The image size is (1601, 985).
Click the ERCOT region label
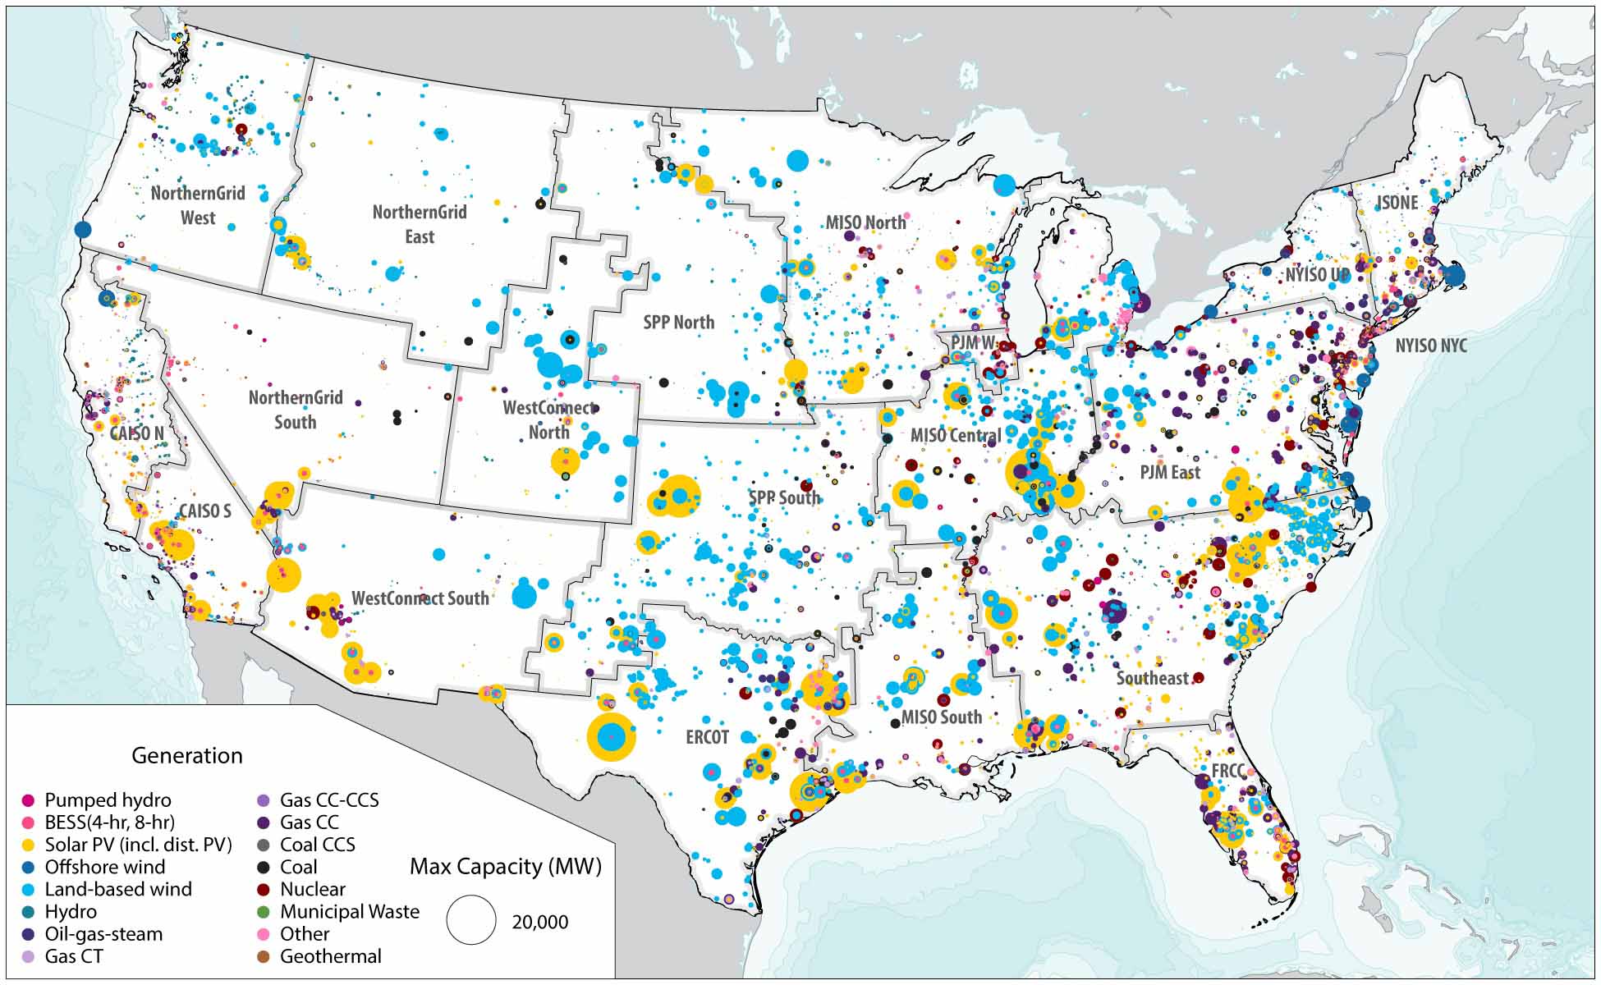click(x=707, y=737)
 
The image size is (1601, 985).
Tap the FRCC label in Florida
click(x=1228, y=771)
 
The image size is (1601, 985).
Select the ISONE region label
click(x=1397, y=203)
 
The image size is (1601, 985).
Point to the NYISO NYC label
click(x=1431, y=346)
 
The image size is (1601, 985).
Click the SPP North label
click(x=678, y=323)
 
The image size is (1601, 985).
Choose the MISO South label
click(x=941, y=717)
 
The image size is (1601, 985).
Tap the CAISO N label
click(x=136, y=433)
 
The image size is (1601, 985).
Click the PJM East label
click(x=1169, y=473)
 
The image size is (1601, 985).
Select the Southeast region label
click(x=1152, y=678)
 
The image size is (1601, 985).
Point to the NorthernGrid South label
click(x=296, y=410)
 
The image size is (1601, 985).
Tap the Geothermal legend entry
click(x=330, y=956)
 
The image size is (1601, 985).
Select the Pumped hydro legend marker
click(x=28, y=800)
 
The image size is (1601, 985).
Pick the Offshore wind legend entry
click(x=104, y=867)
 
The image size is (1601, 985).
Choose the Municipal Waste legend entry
click(x=349, y=911)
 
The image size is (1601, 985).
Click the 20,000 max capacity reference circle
click(x=471, y=920)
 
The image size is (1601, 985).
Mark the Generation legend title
click(x=187, y=755)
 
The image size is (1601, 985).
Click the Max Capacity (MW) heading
click(x=505, y=867)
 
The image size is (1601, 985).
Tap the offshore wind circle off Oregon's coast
click(x=81, y=230)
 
